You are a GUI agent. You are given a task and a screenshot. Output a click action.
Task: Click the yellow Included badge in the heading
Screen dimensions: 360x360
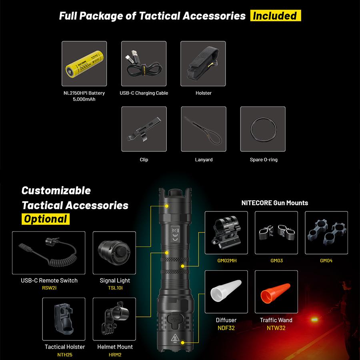[x=275, y=16]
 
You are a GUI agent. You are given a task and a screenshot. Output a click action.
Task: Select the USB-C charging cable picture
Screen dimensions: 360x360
[x=144, y=64]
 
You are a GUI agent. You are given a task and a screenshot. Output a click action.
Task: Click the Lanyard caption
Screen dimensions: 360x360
[x=204, y=160]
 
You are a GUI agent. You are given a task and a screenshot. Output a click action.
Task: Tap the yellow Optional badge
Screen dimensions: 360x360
[x=45, y=219]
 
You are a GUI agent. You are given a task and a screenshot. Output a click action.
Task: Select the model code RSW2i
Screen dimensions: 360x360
[x=49, y=288]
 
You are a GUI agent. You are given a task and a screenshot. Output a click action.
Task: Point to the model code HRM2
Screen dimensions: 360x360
[x=115, y=354]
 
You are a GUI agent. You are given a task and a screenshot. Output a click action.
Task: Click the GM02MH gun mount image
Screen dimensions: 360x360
[x=226, y=233]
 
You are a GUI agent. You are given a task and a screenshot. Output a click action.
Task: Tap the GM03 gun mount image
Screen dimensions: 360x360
[x=276, y=233]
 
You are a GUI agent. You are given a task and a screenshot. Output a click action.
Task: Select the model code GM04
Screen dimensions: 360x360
[x=326, y=261]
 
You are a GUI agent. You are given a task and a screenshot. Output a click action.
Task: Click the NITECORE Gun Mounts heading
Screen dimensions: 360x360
[x=275, y=203]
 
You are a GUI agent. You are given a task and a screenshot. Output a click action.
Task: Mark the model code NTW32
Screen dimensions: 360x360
[x=276, y=328]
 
